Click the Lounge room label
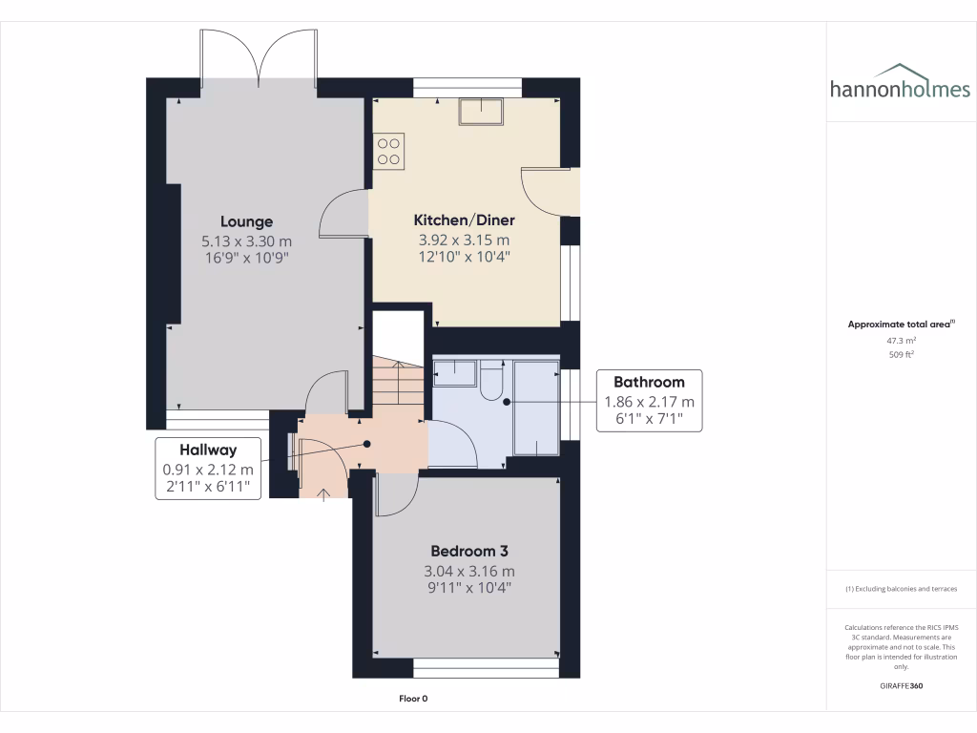pyautogui.click(x=246, y=221)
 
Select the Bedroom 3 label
pyautogui.click(x=468, y=551)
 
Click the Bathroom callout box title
pyautogui.click(x=649, y=383)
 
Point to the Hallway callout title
pyautogui.click(x=207, y=450)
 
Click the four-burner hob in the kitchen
pyautogui.click(x=388, y=151)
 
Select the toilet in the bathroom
pyautogui.click(x=490, y=379)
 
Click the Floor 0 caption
pyautogui.click(x=413, y=699)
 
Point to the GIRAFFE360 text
pyautogui.click(x=901, y=686)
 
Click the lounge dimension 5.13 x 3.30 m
pyautogui.click(x=246, y=241)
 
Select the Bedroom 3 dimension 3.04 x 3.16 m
pyautogui.click(x=468, y=571)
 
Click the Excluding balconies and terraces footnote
pyautogui.click(x=901, y=589)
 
